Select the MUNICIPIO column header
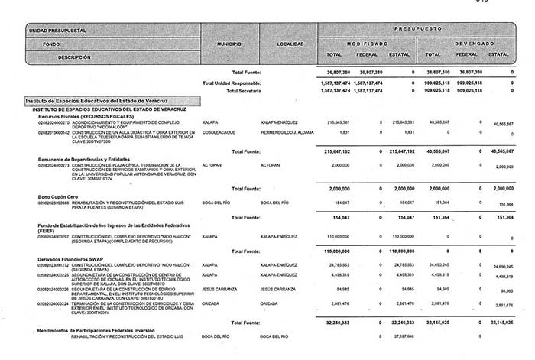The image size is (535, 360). (x=229, y=45)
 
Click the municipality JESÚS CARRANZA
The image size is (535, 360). (x=220, y=290)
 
